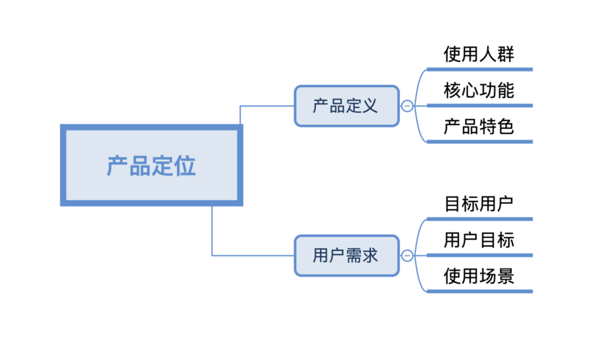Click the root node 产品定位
[151, 166]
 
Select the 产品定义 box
[346, 106]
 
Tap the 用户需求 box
[346, 255]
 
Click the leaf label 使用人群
[479, 54]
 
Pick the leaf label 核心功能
[479, 91]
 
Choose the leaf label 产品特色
[479, 127]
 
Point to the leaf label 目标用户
[479, 203]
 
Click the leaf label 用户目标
[479, 240]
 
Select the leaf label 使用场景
[479, 276]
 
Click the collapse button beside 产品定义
[407, 106]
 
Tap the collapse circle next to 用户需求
[407, 255]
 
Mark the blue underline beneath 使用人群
[479, 70]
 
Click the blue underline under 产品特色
[479, 142]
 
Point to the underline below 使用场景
[479, 292]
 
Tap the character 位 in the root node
[185, 166]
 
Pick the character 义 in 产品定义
[370, 106]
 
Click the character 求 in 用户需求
[370, 255]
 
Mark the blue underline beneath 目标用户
[479, 218]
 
